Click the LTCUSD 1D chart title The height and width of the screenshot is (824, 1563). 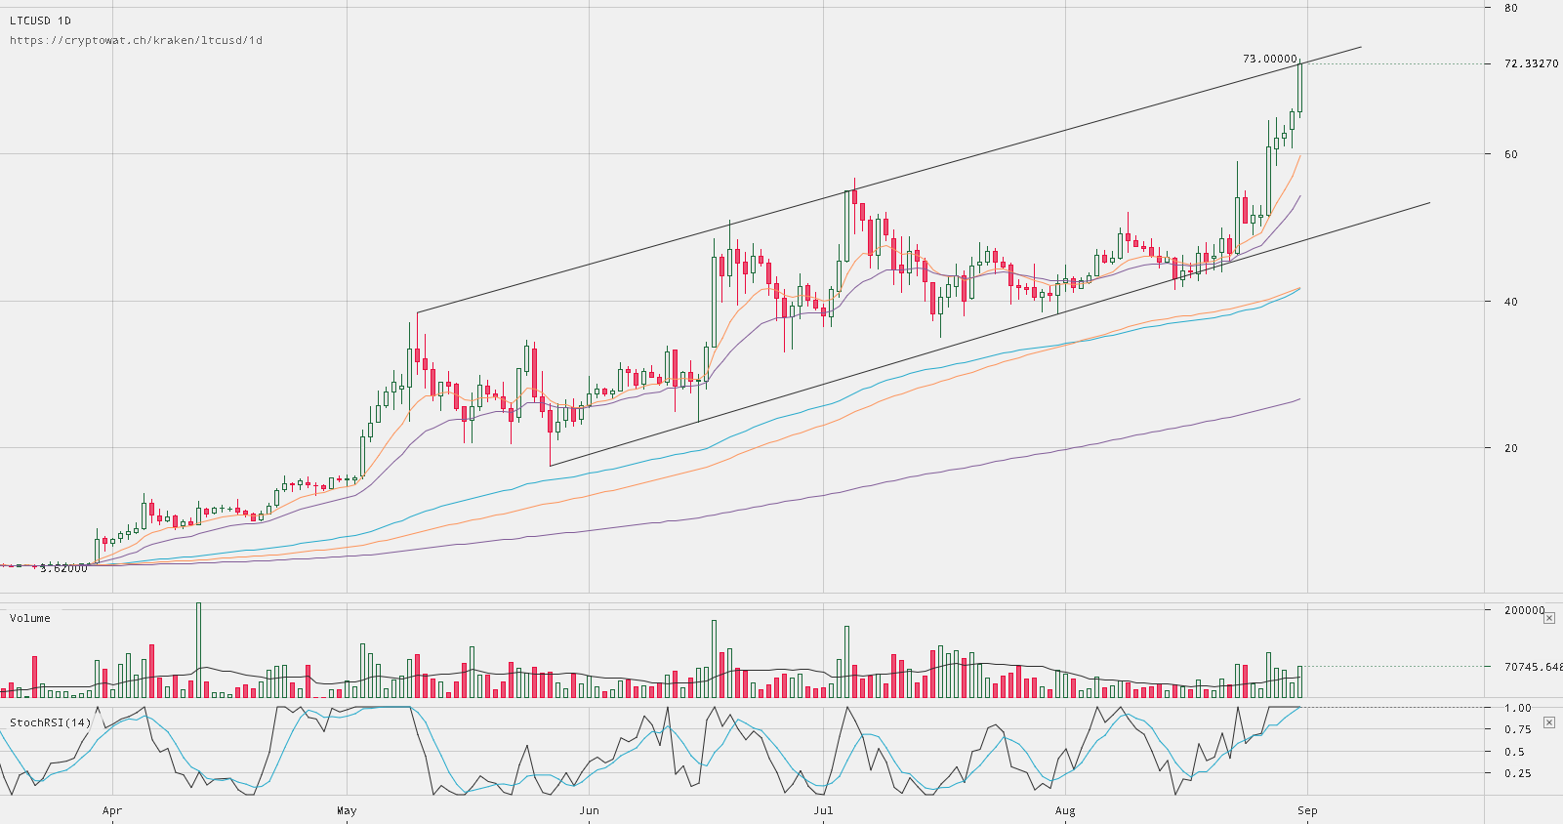tap(40, 21)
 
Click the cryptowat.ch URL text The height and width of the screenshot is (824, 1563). tap(136, 40)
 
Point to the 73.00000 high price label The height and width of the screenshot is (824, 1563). tap(1269, 59)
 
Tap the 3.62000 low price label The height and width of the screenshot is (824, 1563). tap(63, 568)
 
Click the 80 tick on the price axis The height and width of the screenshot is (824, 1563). tap(1511, 8)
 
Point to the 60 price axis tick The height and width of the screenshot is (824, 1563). tap(1511, 154)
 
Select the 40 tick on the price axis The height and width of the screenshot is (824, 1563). tap(1511, 302)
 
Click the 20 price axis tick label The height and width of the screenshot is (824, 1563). tap(1511, 448)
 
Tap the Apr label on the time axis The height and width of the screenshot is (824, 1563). tap(112, 810)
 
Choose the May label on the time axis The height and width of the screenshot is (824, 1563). tap(347, 810)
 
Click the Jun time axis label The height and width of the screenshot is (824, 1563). tap(589, 810)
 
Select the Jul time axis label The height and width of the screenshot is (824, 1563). tap(823, 810)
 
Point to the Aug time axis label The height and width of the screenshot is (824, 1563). tap(1065, 810)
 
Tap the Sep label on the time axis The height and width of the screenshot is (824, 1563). tap(1307, 810)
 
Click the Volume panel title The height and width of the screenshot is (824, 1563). tap(30, 618)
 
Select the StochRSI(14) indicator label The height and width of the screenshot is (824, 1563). tap(51, 722)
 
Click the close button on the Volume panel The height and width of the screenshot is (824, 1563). tap(1549, 618)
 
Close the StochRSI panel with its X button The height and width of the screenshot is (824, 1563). tap(1549, 722)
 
